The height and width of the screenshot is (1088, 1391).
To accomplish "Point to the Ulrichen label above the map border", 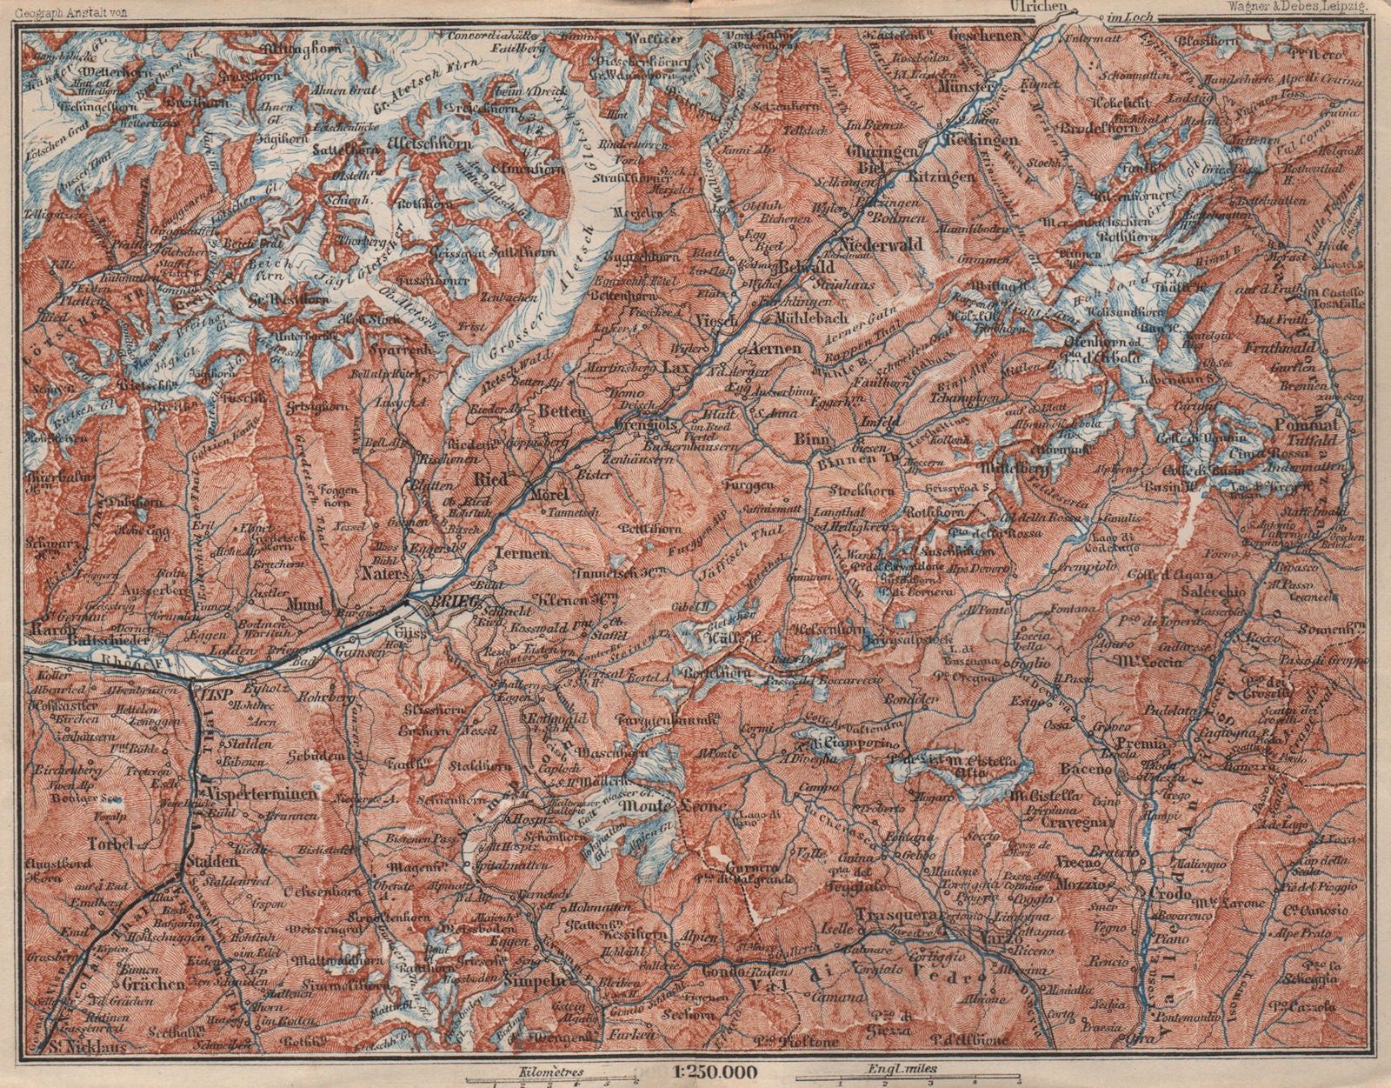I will [x=1039, y=7].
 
